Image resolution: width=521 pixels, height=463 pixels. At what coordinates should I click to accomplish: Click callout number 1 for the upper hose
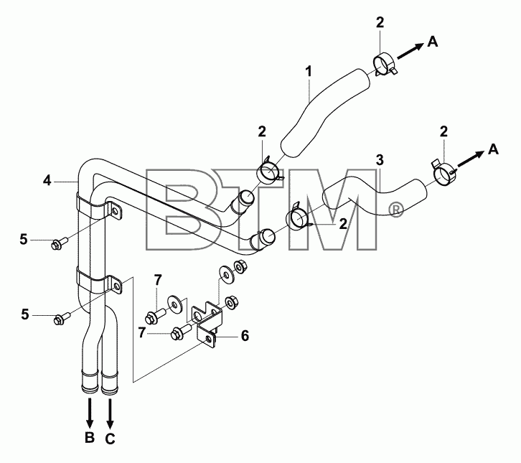[x=309, y=72]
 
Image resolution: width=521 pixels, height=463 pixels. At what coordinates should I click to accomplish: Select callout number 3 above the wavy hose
[x=380, y=160]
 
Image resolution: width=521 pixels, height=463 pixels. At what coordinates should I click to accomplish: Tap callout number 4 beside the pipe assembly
[x=47, y=181]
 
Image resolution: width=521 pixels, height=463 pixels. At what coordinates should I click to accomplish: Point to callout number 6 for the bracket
[x=245, y=336]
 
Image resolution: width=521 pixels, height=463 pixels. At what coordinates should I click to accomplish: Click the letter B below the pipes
[x=90, y=437]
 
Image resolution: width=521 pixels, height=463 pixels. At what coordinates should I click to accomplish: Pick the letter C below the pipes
[x=111, y=439]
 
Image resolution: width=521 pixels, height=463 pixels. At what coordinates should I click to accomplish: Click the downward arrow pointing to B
[x=90, y=413]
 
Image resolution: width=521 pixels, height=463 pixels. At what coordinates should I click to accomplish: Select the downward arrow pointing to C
[x=110, y=413]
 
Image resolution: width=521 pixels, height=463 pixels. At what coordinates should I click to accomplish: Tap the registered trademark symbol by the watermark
[x=395, y=210]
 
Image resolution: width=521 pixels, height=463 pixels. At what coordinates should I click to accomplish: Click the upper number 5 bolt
[x=59, y=243]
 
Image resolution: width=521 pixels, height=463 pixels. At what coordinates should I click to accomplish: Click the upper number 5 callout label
[x=24, y=239]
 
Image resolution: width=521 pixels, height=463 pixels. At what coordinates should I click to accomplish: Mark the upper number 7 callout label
[x=157, y=280]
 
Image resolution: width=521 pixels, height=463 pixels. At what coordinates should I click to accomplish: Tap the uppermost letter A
[x=433, y=42]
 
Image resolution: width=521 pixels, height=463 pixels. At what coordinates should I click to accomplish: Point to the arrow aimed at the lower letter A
[x=470, y=159]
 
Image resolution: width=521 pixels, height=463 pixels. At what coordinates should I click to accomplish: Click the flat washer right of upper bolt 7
[x=175, y=303]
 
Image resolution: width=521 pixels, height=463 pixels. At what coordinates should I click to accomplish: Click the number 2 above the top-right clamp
[x=380, y=22]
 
